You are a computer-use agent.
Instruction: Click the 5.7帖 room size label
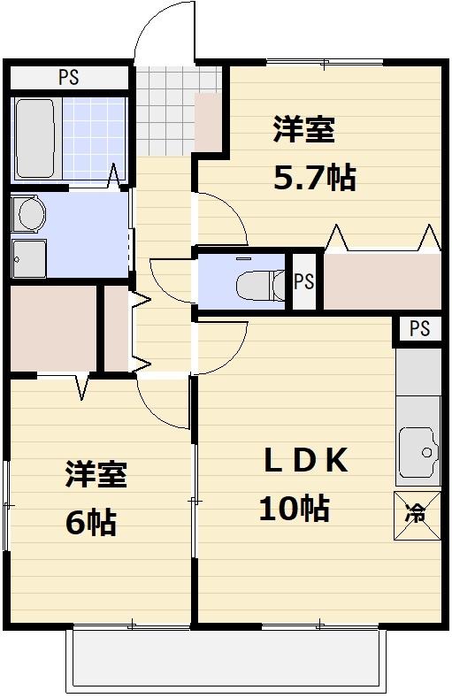pyautogui.click(x=314, y=179)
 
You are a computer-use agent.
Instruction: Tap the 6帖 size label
pyautogui.click(x=90, y=523)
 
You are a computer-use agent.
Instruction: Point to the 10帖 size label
pyautogui.click(x=294, y=509)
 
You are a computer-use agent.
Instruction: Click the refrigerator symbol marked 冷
pyautogui.click(x=416, y=510)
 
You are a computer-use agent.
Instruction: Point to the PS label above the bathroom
pyautogui.click(x=68, y=78)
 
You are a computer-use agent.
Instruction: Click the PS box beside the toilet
pyautogui.click(x=303, y=282)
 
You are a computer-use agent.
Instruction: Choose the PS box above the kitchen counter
pyautogui.click(x=419, y=329)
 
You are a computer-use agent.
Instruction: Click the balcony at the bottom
pyautogui.click(x=226, y=660)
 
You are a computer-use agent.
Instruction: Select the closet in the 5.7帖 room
pyautogui.click(x=381, y=280)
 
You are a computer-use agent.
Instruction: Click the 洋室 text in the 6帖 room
pyautogui.click(x=96, y=475)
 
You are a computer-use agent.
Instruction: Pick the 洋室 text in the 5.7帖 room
pyautogui.click(x=303, y=130)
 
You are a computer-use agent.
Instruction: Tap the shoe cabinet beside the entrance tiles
pyautogui.click(x=210, y=120)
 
